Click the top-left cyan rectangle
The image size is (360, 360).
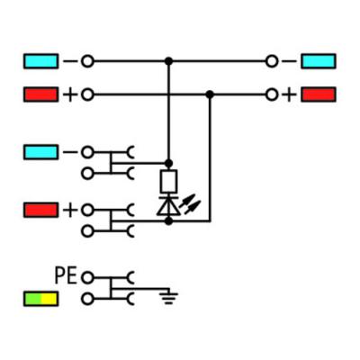[x=40, y=61]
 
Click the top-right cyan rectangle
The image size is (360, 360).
[x=319, y=61]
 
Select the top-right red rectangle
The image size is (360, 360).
[x=319, y=94]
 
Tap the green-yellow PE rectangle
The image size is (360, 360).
[x=40, y=299]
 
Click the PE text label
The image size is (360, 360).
[x=66, y=275]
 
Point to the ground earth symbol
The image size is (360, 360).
[x=169, y=298]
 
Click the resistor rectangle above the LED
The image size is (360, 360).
[x=169, y=181]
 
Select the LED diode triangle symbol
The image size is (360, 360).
[x=168, y=206]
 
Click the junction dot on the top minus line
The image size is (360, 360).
[x=169, y=61]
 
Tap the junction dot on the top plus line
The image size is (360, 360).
[x=210, y=94]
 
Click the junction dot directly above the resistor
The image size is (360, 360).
[x=169, y=164]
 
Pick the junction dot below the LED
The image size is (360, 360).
[x=169, y=221]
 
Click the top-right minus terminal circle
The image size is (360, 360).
[x=272, y=61]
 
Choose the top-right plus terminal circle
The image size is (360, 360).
[x=272, y=94]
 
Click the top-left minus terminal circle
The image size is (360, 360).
[x=87, y=61]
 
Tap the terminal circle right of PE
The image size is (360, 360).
[x=87, y=277]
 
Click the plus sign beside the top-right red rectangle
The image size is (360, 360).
[x=289, y=94]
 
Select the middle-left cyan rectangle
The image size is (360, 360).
[x=40, y=152]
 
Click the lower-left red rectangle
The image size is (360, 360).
[x=40, y=210]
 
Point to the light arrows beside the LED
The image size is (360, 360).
[x=190, y=204]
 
